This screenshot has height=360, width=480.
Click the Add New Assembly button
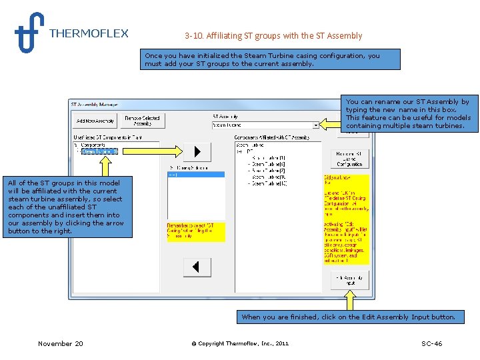95,121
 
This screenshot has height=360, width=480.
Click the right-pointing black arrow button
197,151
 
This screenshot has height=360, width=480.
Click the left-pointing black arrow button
197,267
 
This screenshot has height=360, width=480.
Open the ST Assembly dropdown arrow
315,125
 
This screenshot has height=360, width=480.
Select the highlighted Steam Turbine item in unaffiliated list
99,151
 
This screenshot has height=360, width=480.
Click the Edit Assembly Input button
350,280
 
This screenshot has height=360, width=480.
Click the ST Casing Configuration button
350,159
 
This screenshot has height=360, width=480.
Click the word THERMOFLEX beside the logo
89,33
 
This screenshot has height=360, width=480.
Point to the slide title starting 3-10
273,35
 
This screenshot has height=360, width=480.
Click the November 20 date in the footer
61,343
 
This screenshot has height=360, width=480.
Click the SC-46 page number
431,343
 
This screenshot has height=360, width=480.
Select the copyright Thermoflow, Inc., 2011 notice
240,343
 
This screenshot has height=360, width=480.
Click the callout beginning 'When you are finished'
348,317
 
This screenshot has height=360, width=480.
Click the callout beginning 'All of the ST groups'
64,207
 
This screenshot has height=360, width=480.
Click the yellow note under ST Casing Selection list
196,231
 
